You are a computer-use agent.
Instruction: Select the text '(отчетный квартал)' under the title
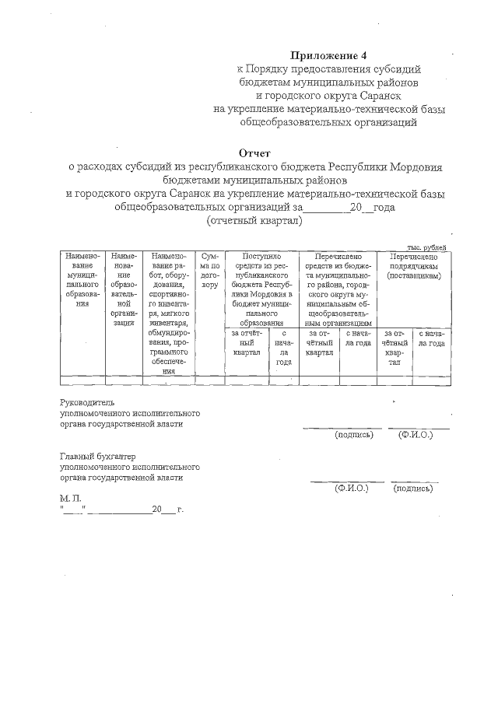coord(254,221)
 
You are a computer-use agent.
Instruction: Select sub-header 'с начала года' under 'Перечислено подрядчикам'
coord(430,338)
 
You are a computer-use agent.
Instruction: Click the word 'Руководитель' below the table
coord(87,402)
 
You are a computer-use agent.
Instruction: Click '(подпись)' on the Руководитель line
coord(354,434)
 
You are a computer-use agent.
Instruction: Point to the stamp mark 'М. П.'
coord(69,496)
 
